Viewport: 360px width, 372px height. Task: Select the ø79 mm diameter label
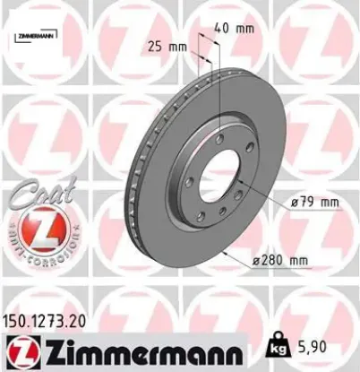tap(316, 202)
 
